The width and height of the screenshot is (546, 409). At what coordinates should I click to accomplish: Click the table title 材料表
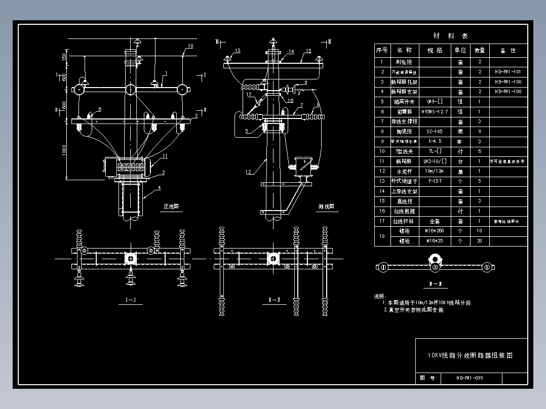tap(451, 36)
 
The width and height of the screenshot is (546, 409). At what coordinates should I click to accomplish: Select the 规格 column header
tap(435, 51)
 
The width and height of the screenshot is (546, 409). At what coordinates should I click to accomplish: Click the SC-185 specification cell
tap(435, 131)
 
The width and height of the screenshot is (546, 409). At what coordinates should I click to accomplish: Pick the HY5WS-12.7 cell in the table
tap(435, 111)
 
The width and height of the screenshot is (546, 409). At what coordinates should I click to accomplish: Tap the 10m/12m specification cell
tap(435, 171)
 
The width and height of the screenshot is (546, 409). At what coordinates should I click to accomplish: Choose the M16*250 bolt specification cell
tap(435, 231)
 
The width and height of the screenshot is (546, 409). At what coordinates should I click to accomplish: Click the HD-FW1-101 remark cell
tap(508, 72)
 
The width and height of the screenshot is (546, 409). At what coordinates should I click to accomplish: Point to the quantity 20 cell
tap(479, 241)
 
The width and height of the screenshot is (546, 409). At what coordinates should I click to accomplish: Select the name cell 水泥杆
tap(404, 171)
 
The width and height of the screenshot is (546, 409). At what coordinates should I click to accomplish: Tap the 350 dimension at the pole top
tap(64, 56)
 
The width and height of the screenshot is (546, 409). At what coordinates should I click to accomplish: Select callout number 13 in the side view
tap(237, 51)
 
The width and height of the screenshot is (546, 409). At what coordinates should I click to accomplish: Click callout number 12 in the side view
tap(248, 172)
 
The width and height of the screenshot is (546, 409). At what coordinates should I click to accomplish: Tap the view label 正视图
tap(171, 207)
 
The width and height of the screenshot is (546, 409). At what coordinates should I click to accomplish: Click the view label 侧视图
tap(326, 207)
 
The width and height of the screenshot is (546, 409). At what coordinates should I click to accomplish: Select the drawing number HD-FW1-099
tap(469, 378)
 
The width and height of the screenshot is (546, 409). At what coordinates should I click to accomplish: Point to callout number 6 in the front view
tap(99, 109)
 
